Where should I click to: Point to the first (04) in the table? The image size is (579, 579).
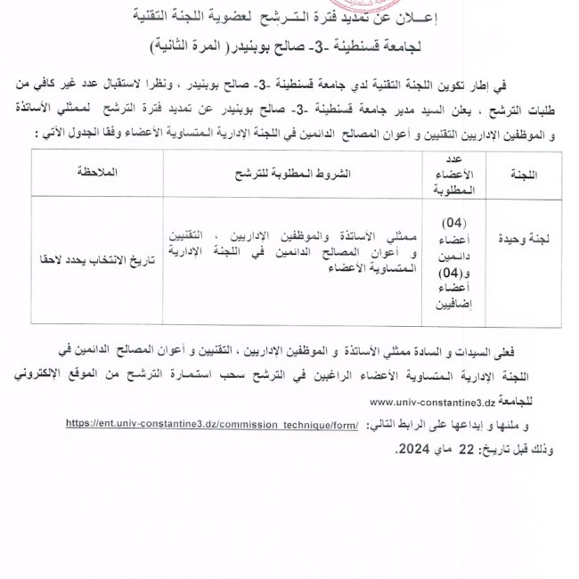click(x=460, y=222)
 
